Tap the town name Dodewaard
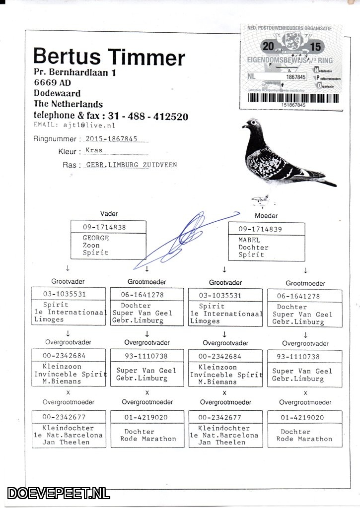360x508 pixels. (57, 93)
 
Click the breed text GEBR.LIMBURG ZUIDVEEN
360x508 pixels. (132, 165)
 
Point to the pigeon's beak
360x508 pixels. (244, 126)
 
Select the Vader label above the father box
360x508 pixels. (109, 213)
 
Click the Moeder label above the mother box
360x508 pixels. (266, 216)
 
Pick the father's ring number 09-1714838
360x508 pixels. (105, 227)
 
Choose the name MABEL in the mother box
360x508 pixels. (249, 240)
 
